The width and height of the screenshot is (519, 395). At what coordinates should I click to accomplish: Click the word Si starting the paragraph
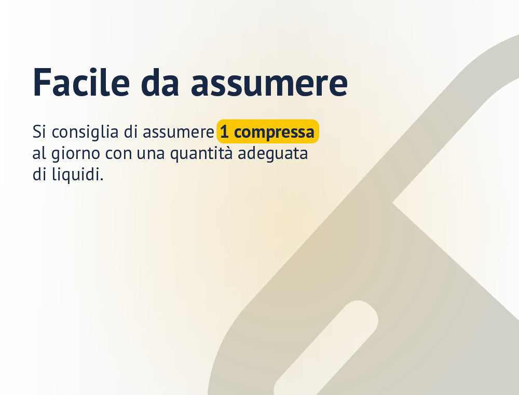tap(39, 131)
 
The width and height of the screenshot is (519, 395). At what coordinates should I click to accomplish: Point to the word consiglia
tap(85, 132)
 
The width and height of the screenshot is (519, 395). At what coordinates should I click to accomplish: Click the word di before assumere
tap(131, 131)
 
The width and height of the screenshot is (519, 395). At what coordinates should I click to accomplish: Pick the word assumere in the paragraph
tap(179, 133)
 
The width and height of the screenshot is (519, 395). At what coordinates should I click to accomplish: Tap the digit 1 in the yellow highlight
tap(224, 132)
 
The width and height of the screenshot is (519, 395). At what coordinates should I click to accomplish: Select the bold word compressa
tap(274, 133)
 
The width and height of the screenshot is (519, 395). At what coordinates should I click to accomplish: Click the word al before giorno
tap(39, 153)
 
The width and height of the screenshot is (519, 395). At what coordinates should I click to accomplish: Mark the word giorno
tap(75, 154)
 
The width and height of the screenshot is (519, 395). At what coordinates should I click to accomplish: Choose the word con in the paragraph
tap(118, 154)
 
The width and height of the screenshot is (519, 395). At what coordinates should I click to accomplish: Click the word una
tap(151, 154)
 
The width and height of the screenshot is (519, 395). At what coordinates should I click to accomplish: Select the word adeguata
tap(273, 154)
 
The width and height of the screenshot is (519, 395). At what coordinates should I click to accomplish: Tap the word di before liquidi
tap(39, 174)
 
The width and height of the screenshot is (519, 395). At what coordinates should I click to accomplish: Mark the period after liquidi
tap(101, 180)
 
